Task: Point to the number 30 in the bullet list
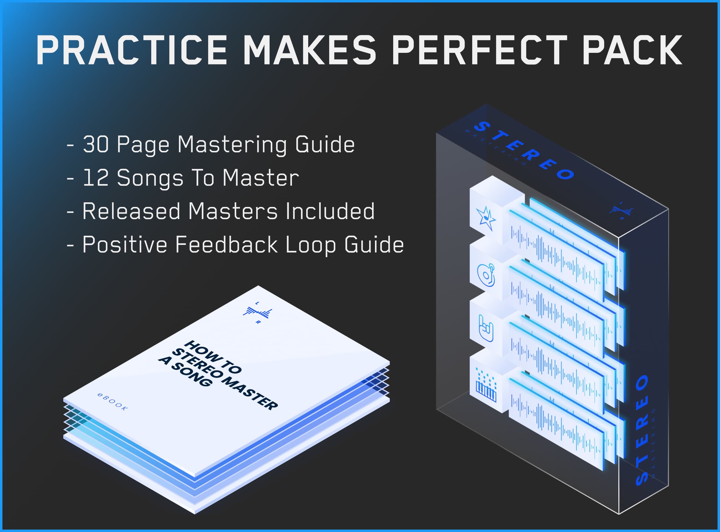pos(96,144)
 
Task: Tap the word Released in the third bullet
pos(131,211)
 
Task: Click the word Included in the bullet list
pos(330,211)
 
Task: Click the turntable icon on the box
pos(486,275)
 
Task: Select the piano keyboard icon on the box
pos(486,386)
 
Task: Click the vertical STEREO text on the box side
pos(643,430)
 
